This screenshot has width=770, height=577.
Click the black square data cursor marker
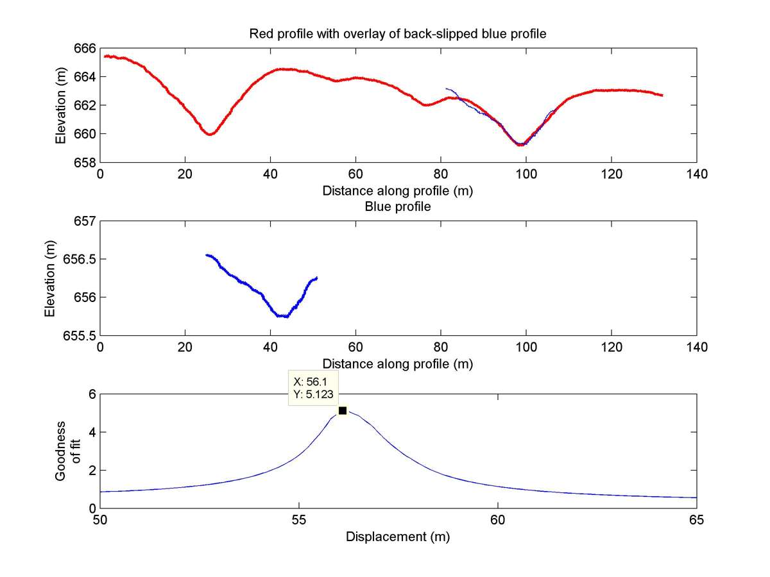point(342,410)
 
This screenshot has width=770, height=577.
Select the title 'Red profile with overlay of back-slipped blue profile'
point(398,34)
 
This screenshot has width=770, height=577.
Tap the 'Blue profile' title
point(398,207)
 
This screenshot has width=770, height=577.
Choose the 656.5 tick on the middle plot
point(83,259)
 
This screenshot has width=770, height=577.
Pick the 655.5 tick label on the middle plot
point(83,335)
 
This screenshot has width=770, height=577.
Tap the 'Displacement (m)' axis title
point(398,537)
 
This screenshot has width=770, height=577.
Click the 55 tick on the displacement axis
point(299,520)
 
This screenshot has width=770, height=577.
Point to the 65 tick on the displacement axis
point(696,520)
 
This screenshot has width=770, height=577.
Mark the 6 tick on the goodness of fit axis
point(92,394)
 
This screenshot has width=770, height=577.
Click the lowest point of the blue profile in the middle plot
point(283,316)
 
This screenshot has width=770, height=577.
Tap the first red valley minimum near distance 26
point(210,134)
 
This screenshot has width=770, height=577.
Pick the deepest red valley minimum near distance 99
point(520,145)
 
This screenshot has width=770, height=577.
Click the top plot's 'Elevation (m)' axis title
point(60,105)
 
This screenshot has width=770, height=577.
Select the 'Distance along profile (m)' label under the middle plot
point(398,364)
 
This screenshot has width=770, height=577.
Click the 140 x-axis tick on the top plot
point(696,173)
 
